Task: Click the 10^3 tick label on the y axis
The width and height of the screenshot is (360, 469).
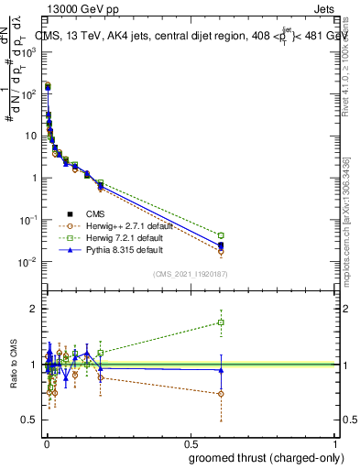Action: tap(28, 51)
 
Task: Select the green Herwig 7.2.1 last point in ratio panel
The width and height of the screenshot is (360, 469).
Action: tap(221, 322)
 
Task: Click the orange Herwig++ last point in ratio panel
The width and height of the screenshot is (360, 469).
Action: tap(221, 394)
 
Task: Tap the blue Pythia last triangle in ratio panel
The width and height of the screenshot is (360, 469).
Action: tap(221, 370)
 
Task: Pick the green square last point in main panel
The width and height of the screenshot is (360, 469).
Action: tap(221, 235)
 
